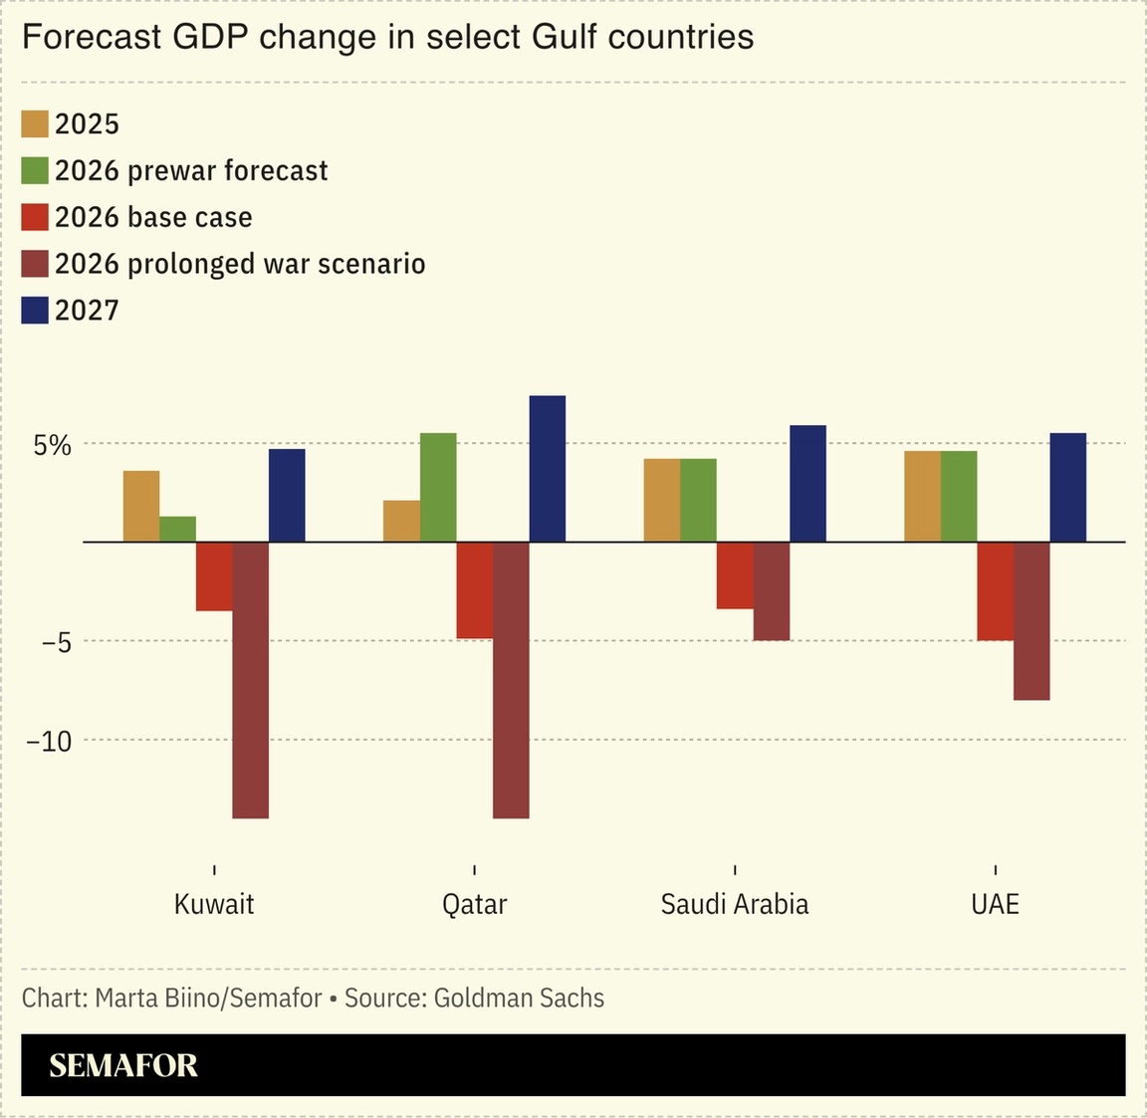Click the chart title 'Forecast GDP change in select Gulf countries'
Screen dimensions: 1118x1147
(x=387, y=37)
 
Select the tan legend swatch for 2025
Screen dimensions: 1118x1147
(x=35, y=124)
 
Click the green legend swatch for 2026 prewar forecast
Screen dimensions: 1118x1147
(x=35, y=171)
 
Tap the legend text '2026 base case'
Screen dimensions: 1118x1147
(x=153, y=218)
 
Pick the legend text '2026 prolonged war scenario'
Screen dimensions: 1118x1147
(x=240, y=264)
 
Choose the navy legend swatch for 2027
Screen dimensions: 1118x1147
(x=35, y=311)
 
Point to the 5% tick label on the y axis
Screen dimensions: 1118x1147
(x=53, y=445)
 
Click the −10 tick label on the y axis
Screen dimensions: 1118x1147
(x=49, y=742)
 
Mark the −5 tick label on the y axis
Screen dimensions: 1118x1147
(x=56, y=643)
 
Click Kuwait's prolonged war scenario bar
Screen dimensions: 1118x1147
(x=250, y=680)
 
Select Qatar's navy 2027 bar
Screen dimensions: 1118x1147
(x=547, y=469)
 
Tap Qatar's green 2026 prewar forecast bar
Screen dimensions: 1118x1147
(x=438, y=487)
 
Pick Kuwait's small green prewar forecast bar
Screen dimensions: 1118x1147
(x=177, y=529)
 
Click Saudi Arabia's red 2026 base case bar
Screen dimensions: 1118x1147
(x=735, y=575)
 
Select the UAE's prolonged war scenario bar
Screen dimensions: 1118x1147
(x=1032, y=621)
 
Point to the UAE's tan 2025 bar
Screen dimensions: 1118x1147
(x=922, y=496)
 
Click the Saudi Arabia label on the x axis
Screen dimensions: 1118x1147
(x=735, y=904)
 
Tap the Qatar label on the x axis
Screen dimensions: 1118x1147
(x=474, y=904)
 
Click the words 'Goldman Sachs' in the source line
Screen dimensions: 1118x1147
(x=519, y=998)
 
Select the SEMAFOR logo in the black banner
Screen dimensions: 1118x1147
(x=123, y=1065)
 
